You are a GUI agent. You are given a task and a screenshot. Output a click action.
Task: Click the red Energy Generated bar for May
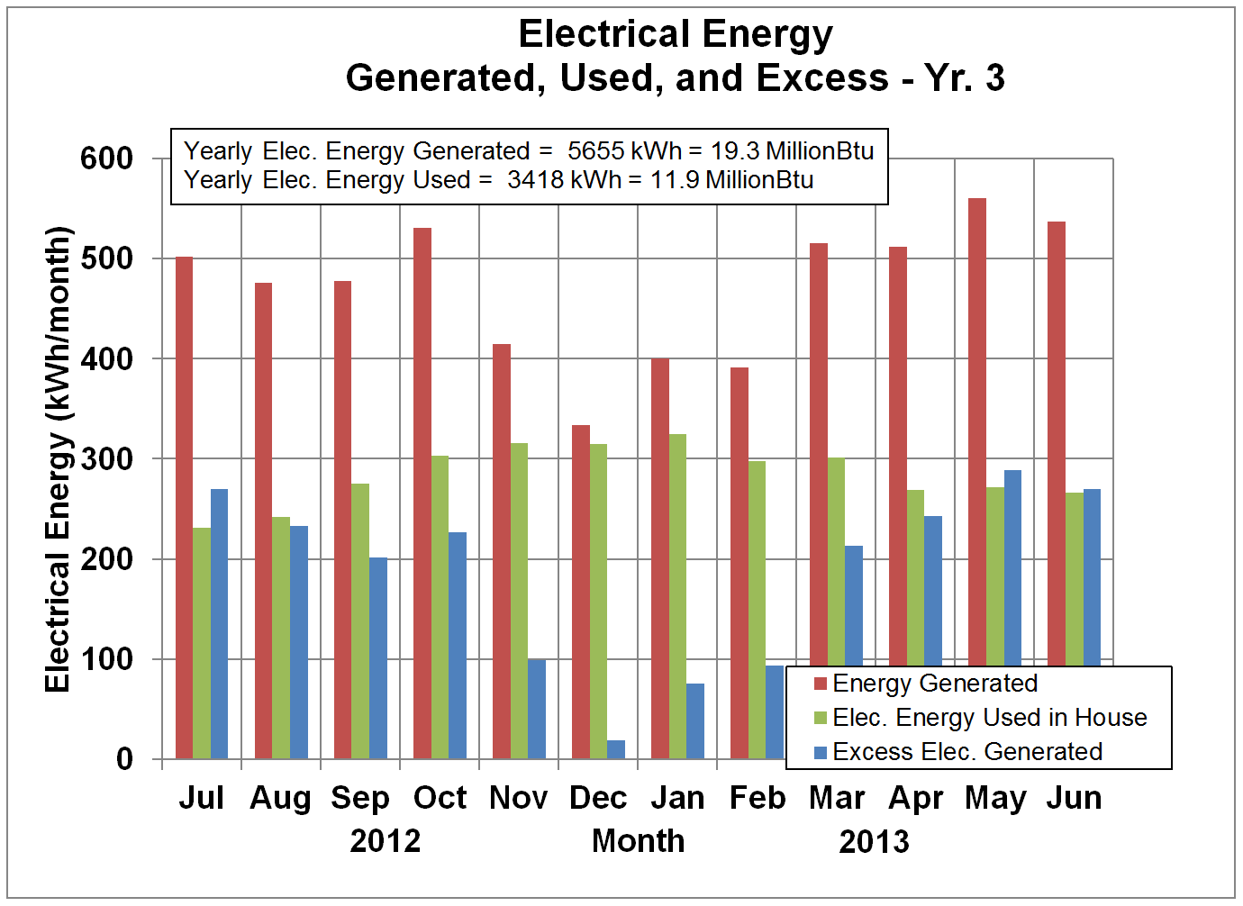[x=977, y=477]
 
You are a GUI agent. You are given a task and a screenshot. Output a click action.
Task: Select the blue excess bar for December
[x=616, y=749]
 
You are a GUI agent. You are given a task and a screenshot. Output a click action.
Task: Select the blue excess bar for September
[x=378, y=657]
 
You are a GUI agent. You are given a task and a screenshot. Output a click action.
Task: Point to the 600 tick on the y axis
[x=106, y=159]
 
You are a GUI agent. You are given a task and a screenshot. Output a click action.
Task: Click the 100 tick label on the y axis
[x=106, y=659]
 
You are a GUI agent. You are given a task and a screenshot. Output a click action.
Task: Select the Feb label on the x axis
[x=758, y=798]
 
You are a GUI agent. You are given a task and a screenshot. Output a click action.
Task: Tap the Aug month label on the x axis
[x=280, y=798]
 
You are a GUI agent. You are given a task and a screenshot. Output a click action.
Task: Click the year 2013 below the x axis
[x=874, y=842]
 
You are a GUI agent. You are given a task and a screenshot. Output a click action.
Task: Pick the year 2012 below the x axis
[x=386, y=841]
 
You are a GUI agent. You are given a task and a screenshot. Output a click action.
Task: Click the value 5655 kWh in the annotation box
[x=624, y=151]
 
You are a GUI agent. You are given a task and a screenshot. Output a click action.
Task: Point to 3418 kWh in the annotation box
[x=564, y=180]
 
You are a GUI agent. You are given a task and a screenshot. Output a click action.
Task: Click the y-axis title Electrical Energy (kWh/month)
[x=58, y=458]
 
